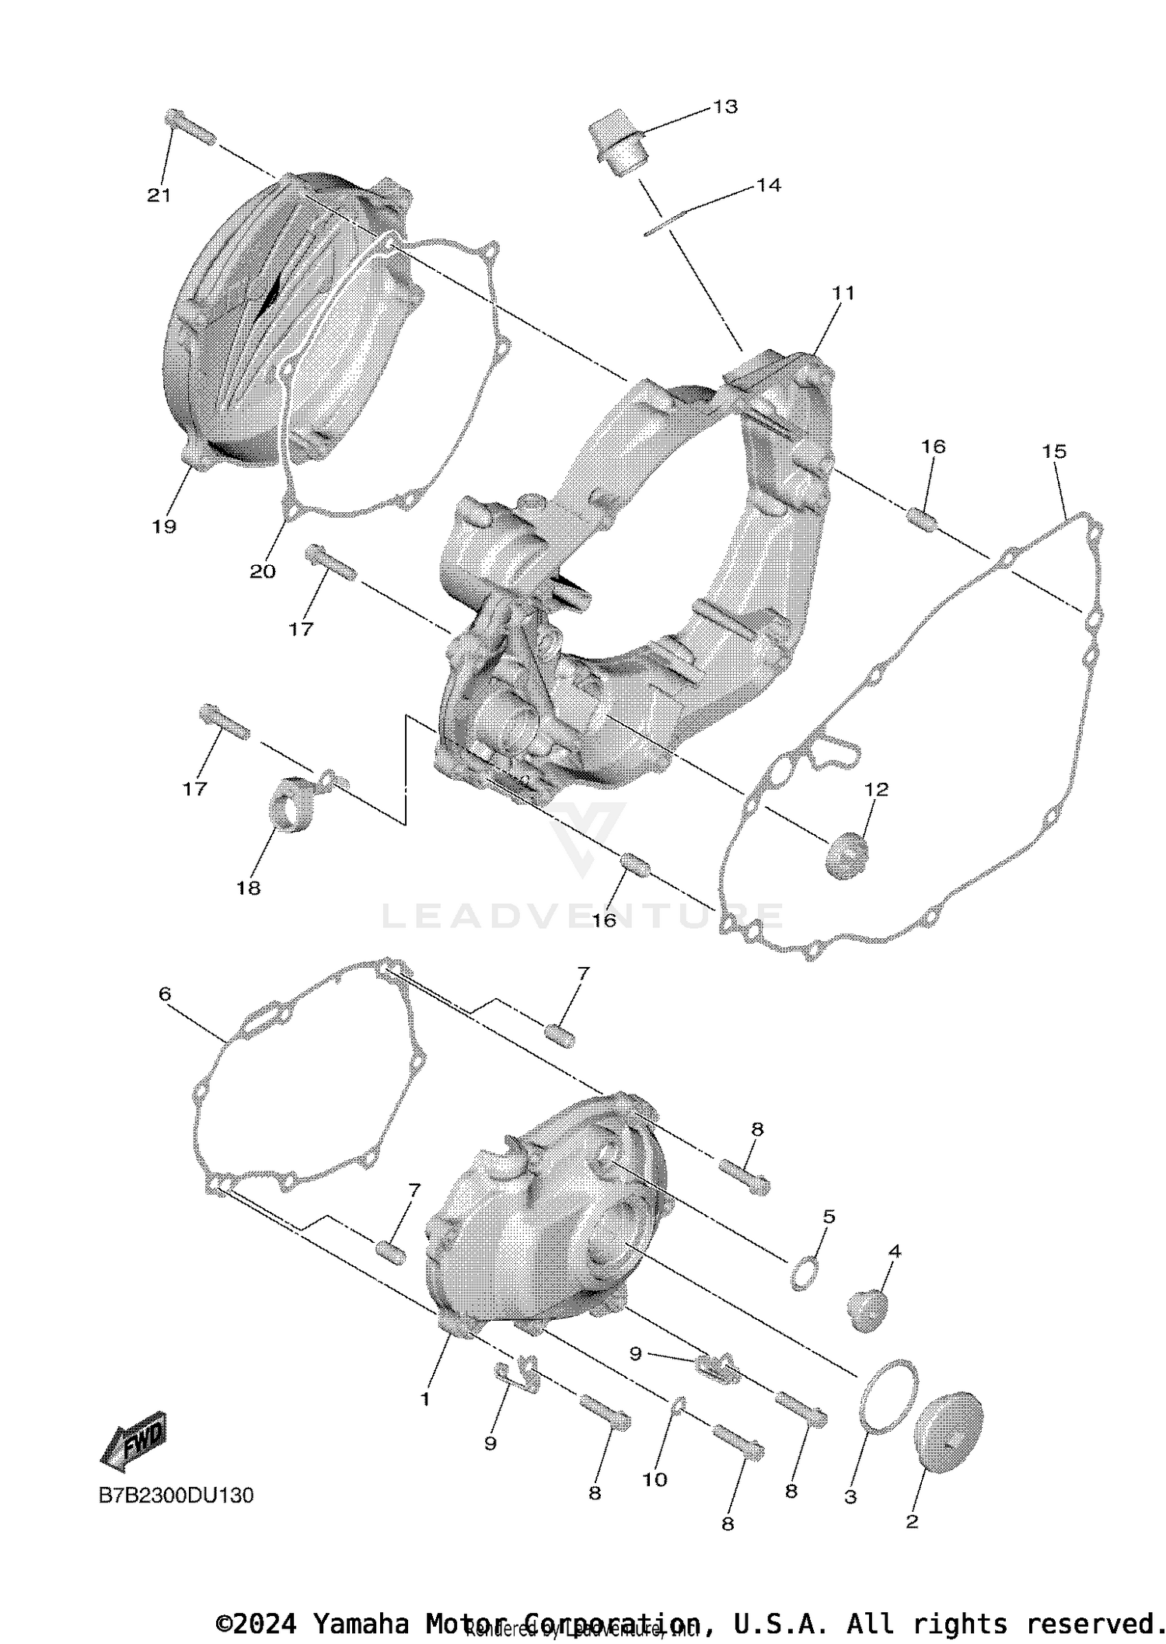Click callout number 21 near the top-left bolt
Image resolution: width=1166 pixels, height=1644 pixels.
pos(159,195)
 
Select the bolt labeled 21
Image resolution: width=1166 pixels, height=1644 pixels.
pos(189,128)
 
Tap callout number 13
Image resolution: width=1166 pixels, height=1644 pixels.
pos(725,107)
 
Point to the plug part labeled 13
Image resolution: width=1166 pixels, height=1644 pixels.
pos(618,145)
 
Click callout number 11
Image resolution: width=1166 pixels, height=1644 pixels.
pos(843,293)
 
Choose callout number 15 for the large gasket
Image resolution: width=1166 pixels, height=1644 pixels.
pos(1054,452)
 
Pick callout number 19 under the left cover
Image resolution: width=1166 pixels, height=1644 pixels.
pos(164,526)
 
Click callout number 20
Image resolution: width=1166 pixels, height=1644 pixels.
pos(263,571)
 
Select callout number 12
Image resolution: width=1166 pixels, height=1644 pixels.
pos(876,789)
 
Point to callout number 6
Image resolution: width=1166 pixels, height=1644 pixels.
pos(165,994)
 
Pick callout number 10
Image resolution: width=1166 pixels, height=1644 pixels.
pos(655,1479)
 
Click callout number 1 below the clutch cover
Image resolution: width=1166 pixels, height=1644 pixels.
pos(425,1399)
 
